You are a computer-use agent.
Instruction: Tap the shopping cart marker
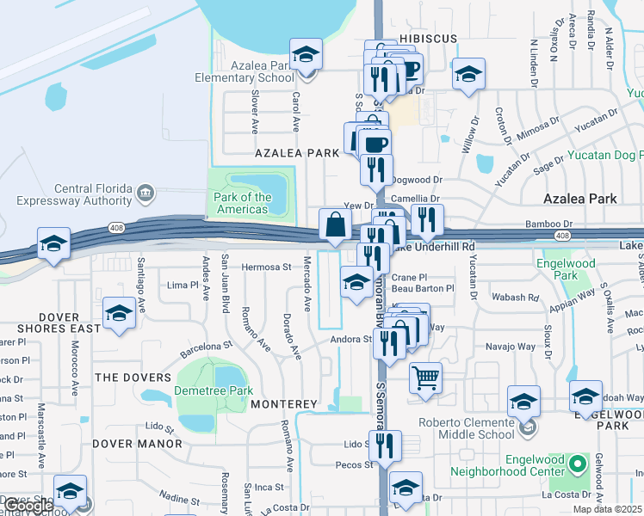(425, 378)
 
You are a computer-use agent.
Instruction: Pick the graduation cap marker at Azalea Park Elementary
(306, 55)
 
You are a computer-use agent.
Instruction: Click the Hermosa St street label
(266, 267)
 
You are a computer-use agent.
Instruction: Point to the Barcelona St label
(207, 348)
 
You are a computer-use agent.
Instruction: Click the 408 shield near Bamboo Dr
(561, 235)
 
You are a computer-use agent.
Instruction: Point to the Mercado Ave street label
(307, 283)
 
